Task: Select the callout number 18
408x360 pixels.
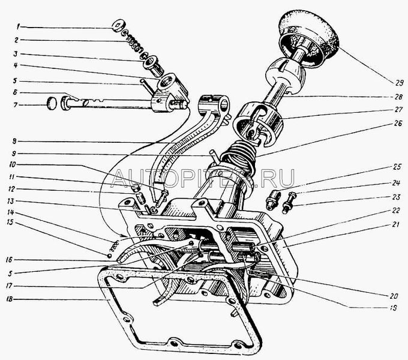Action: (20, 298)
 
